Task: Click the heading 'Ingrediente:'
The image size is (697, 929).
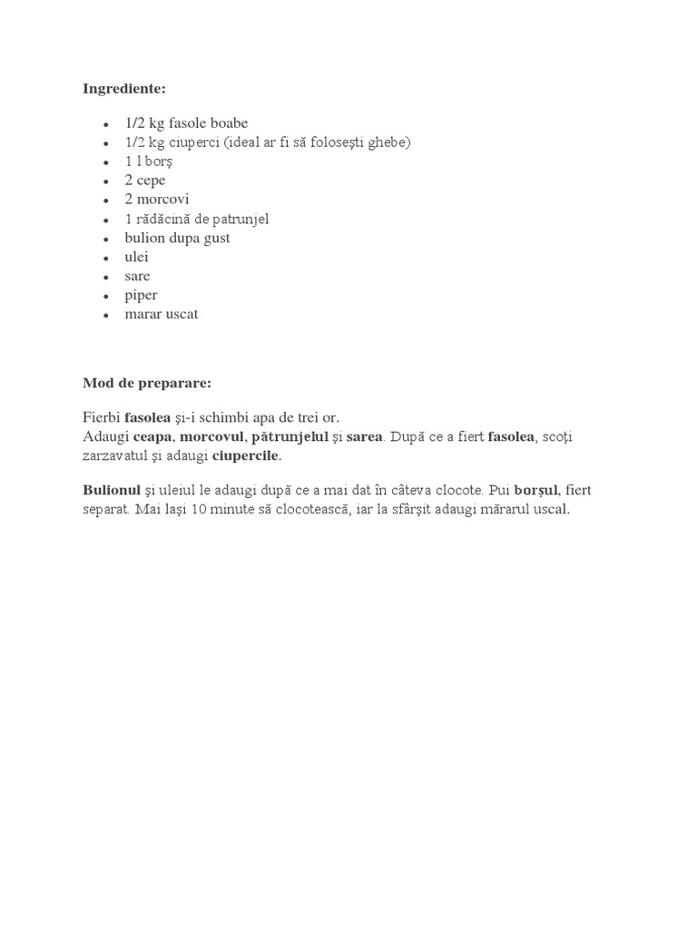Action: [x=124, y=88]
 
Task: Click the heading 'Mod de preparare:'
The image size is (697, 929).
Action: [x=146, y=383]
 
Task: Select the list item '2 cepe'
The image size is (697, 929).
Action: [x=145, y=181]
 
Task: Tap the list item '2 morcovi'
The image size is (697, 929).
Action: [x=157, y=200]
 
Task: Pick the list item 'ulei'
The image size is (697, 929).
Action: [x=136, y=257]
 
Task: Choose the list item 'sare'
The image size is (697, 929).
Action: [x=137, y=276]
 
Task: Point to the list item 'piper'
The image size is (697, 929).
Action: [x=141, y=296]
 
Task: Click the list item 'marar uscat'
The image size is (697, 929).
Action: [x=161, y=315]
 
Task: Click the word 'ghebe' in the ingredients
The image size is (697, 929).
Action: [x=390, y=142]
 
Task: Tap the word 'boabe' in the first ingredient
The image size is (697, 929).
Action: [x=229, y=123]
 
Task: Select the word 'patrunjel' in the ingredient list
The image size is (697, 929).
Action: [x=241, y=219]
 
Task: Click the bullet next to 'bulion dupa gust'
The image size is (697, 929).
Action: [x=106, y=239]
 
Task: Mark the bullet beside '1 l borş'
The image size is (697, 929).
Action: [x=106, y=162]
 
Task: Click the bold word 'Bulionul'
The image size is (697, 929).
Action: [x=112, y=490]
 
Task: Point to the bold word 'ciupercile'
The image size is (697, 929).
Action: [x=246, y=455]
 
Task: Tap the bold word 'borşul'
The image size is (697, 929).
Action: [x=534, y=490]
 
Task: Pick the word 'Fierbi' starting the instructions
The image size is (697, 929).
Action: [x=101, y=417]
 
